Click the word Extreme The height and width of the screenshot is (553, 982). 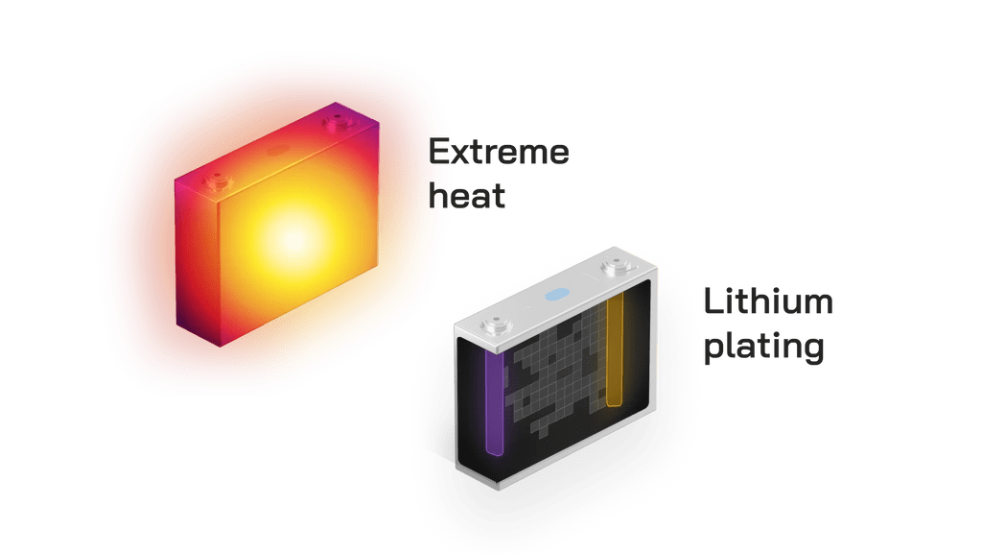[498, 153]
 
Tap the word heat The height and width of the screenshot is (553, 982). [467, 197]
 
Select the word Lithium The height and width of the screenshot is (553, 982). [767, 302]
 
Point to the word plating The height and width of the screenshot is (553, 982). [763, 348]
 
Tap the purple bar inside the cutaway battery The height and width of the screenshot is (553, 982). [496, 403]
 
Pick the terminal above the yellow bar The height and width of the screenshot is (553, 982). [612, 264]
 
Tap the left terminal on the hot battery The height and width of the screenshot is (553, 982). [217, 179]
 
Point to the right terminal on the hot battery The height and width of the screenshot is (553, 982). [337, 123]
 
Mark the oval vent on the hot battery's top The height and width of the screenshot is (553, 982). [278, 151]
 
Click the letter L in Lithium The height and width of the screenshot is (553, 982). [713, 302]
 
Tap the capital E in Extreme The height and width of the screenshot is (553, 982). [441, 153]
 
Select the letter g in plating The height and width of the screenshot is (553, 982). [811, 351]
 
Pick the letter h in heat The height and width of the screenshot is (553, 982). [440, 197]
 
